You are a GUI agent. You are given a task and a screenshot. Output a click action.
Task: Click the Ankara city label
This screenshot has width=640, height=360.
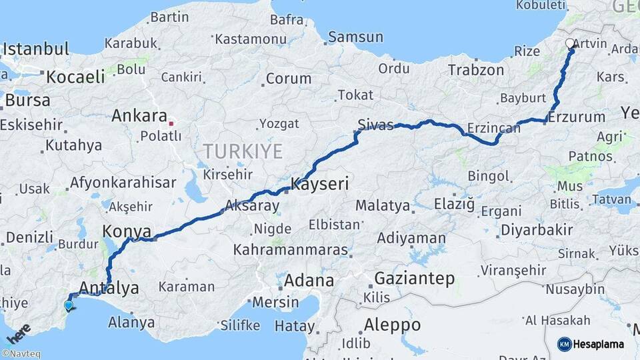[139, 116]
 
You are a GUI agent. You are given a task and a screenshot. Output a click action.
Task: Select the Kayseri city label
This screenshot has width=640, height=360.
[320, 184]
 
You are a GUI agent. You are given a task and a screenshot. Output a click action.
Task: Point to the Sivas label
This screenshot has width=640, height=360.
[375, 125]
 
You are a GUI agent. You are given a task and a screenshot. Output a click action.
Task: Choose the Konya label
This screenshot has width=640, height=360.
[121, 231]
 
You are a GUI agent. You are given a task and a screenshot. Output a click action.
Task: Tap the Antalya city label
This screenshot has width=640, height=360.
[109, 288]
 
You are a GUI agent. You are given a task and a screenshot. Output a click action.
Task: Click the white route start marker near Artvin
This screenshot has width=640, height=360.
[570, 44]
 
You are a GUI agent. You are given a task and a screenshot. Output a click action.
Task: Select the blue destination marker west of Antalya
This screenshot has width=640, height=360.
[68, 305]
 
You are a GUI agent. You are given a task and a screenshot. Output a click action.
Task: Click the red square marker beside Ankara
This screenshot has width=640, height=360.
[171, 123]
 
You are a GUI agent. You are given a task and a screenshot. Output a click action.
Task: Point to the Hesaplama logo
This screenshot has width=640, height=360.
[592, 343]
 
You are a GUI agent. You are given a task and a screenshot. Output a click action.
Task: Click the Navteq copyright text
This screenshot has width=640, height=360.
[21, 354]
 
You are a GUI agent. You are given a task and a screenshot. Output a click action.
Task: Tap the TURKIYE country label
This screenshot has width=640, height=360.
[243, 151]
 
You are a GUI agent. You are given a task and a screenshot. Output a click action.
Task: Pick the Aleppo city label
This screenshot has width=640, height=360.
[393, 325]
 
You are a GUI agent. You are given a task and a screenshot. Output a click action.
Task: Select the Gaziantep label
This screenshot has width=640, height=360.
[414, 278]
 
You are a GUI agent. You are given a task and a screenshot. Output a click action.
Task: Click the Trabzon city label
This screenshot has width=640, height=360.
[476, 69]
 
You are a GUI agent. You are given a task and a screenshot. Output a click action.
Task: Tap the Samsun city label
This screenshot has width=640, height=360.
[355, 37]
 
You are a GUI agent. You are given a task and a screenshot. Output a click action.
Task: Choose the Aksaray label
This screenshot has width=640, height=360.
[252, 206]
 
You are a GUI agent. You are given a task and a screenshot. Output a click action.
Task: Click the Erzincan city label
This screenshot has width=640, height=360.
[494, 127]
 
